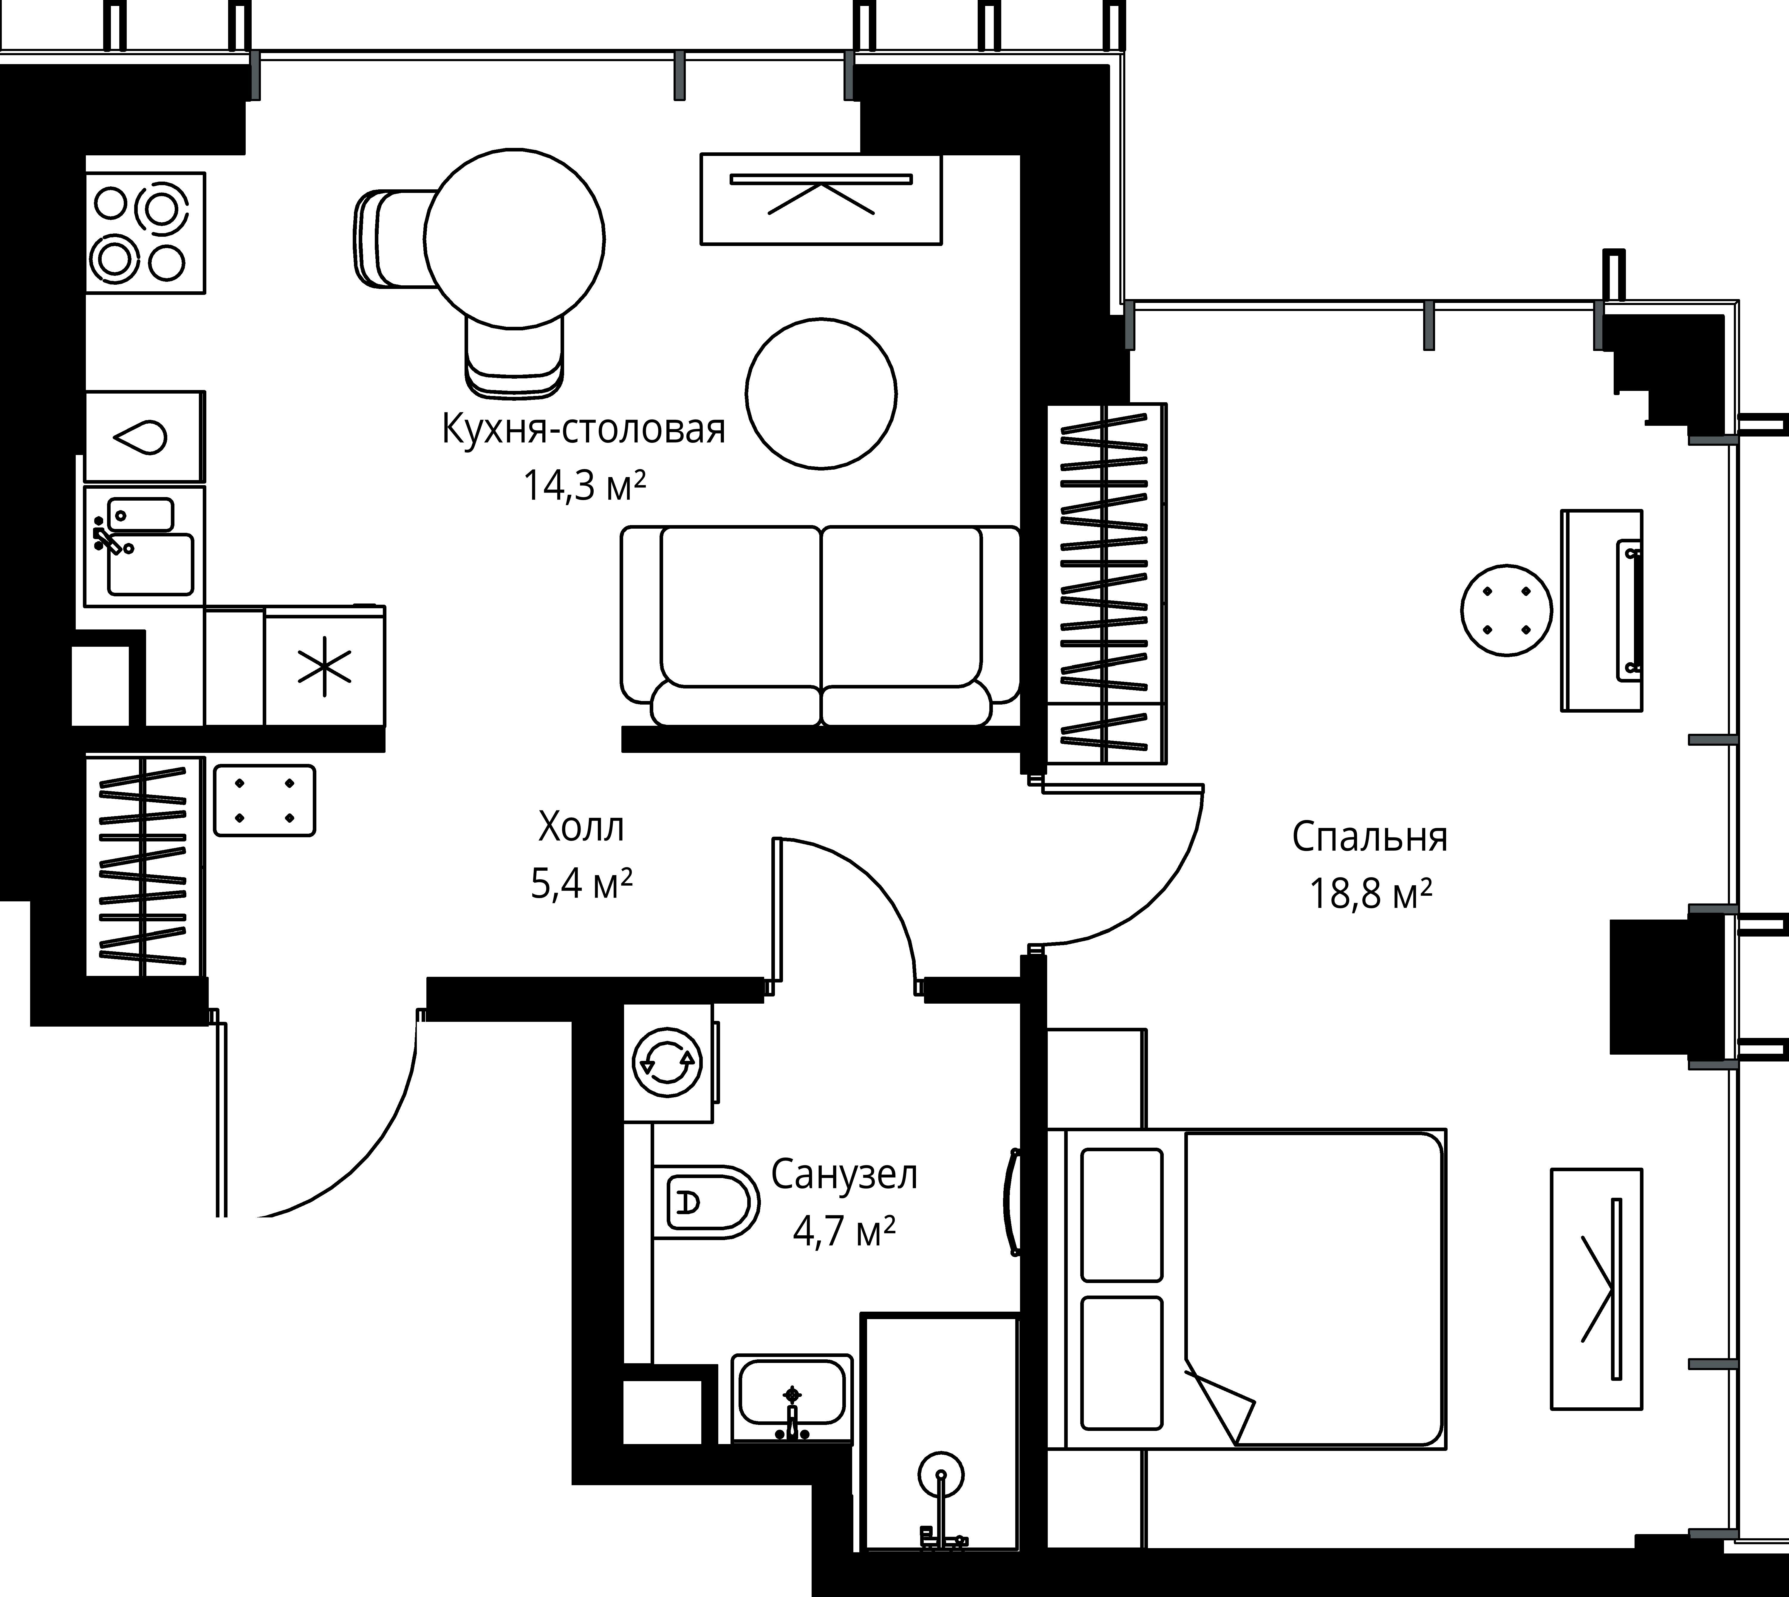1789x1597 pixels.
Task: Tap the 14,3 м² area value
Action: coord(584,484)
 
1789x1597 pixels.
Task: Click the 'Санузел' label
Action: coord(844,1175)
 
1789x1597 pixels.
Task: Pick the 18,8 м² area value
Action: coord(1370,894)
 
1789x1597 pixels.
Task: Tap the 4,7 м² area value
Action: coord(844,1231)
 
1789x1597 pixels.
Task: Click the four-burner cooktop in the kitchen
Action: coord(146,233)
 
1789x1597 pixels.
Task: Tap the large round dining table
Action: coord(514,237)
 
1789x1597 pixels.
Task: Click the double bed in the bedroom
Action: coord(1246,1288)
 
